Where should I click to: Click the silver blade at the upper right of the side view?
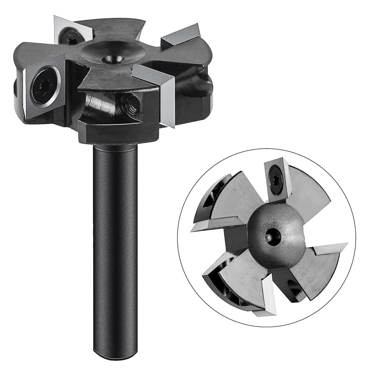181,35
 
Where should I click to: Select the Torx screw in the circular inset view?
277,180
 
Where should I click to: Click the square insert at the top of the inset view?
278,180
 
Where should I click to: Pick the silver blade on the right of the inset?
329,248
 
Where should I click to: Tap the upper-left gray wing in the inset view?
235,197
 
